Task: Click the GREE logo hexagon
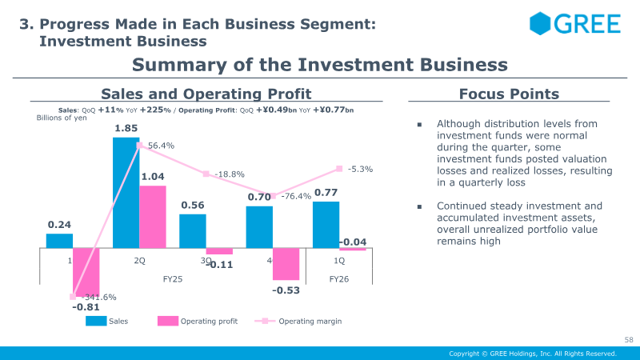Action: pyautogui.click(x=541, y=23)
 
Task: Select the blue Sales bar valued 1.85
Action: pyautogui.click(x=126, y=192)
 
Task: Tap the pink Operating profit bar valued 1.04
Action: pyautogui.click(x=153, y=216)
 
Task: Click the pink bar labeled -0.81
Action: pyautogui.click(x=86, y=272)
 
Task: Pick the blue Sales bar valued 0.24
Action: pyautogui.click(x=59, y=240)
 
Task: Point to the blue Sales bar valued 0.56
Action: pyautogui.click(x=192, y=230)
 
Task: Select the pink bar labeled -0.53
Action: pyautogui.click(x=286, y=263)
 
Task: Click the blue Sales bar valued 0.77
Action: pyautogui.click(x=326, y=224)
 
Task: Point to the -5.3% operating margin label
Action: pyautogui.click(x=360, y=169)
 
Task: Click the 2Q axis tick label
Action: pyautogui.click(x=139, y=261)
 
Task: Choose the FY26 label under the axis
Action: pyautogui.click(x=339, y=278)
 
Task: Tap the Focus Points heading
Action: pyautogui.click(x=509, y=94)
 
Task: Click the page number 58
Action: pyautogui.click(x=628, y=340)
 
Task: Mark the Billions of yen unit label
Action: pyautogui.click(x=62, y=118)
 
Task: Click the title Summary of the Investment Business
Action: pyautogui.click(x=319, y=64)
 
